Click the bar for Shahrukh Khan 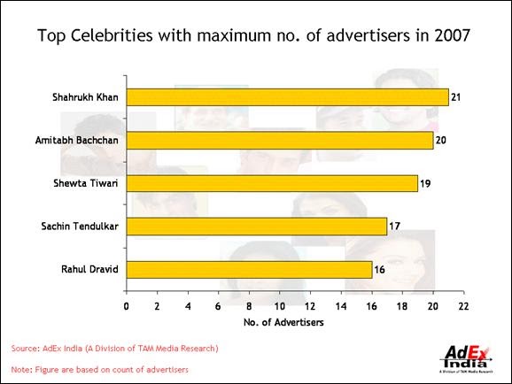287,96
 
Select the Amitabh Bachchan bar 279,140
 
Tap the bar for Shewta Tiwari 271,183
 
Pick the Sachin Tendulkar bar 256,227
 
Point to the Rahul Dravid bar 249,270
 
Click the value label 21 455,96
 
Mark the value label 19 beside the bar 425,183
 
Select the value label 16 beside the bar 379,270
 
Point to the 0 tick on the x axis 127,306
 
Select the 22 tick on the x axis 462,306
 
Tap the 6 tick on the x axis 218,306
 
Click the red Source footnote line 114,348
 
